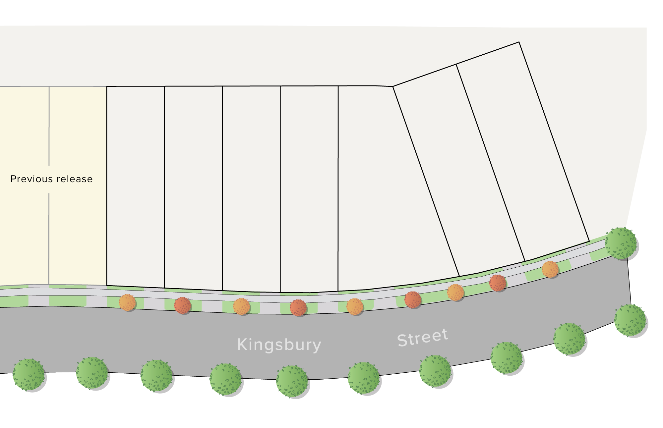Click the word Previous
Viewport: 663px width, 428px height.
pyautogui.click(x=31, y=179)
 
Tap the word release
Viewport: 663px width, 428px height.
pyautogui.click(x=75, y=179)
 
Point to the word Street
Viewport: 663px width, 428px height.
pyautogui.click(x=423, y=338)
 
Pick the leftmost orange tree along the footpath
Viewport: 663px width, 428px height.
pyautogui.click(x=128, y=303)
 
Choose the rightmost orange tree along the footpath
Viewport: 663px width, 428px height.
pyautogui.click(x=550, y=269)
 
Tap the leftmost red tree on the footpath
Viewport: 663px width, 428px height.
pyautogui.click(x=183, y=305)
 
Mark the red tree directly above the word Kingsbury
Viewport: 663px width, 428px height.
pyautogui.click(x=298, y=308)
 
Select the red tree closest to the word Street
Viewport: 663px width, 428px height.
pyautogui.click(x=413, y=300)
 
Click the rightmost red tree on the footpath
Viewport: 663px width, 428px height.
pyautogui.click(x=498, y=283)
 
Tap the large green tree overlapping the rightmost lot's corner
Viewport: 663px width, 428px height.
pyautogui.click(x=621, y=243)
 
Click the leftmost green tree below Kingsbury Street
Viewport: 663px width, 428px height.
pyautogui.click(x=29, y=375)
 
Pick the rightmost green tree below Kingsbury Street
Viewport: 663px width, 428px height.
pyautogui.click(x=630, y=321)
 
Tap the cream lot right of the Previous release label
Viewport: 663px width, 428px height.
pyautogui.click(x=78, y=186)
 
